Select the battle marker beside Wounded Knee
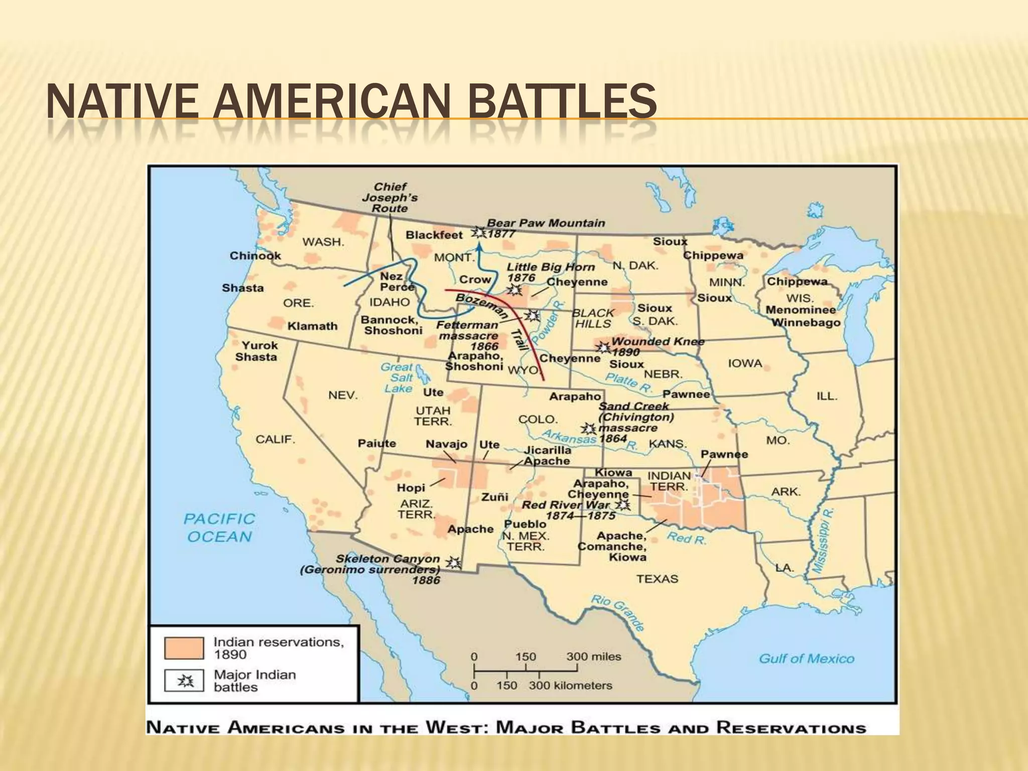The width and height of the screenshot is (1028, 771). (602, 347)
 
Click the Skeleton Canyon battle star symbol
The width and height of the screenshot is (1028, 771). (454, 563)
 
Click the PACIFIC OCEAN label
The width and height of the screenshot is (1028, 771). (219, 528)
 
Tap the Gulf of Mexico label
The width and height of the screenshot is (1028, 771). (806, 659)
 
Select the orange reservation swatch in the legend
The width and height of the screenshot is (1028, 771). (184, 648)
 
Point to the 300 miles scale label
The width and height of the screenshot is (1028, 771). (594, 657)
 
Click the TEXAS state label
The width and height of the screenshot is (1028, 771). (657, 579)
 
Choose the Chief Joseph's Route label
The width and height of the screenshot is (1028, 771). (390, 197)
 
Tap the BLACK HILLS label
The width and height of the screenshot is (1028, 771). (593, 318)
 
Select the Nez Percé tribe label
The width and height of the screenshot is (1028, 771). (397, 282)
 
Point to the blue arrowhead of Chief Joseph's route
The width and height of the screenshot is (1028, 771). (479, 245)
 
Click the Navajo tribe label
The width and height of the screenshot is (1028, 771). (446, 444)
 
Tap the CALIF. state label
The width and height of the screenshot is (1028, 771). (275, 439)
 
